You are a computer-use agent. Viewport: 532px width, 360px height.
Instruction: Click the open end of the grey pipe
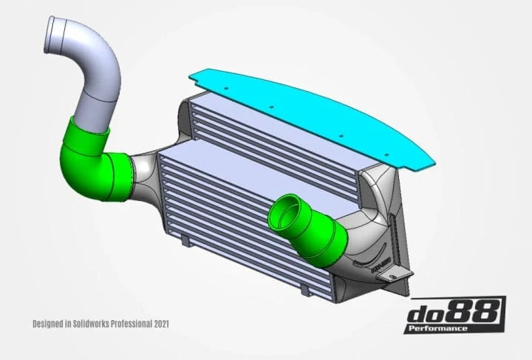click(x=62, y=29)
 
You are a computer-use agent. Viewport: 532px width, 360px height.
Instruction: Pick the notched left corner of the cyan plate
click(x=193, y=74)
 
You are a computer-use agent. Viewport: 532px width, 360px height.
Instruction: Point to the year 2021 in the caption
click(x=166, y=324)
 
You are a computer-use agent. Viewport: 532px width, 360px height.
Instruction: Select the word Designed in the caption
click(x=47, y=324)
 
